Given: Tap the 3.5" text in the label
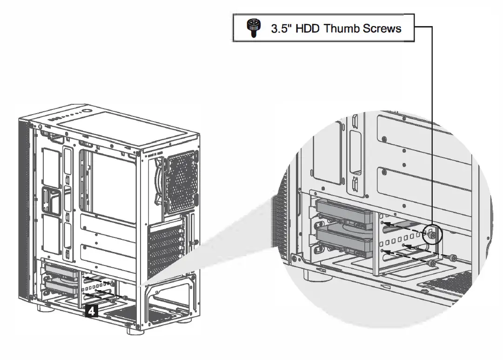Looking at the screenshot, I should coord(281,29).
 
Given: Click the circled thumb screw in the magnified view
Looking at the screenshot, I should coord(433,236).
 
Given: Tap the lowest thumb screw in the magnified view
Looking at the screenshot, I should coord(433,264).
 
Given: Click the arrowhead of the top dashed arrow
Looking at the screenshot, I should coord(384,223).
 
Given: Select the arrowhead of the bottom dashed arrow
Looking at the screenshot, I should coord(384,251).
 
